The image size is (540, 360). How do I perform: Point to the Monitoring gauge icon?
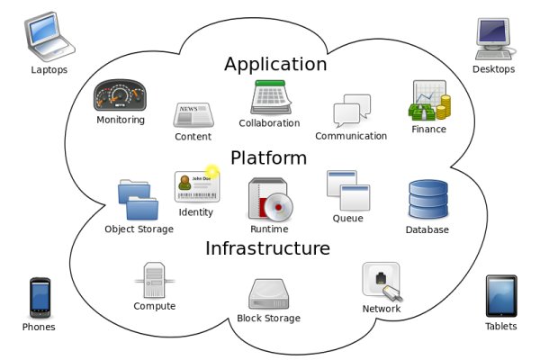point(120,94)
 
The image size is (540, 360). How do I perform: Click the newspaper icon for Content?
point(193,115)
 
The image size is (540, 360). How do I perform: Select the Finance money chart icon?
point(429,101)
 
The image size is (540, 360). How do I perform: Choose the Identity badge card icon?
point(197,185)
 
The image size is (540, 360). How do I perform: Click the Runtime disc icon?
point(271,199)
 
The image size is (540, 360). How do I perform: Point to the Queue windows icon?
point(347,190)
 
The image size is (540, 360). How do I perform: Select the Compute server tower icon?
point(154,281)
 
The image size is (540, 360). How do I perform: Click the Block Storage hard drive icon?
point(268,293)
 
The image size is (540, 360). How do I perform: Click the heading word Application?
point(275,64)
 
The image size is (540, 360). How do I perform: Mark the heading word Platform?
point(268,158)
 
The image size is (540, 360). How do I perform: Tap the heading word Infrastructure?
point(267,247)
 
